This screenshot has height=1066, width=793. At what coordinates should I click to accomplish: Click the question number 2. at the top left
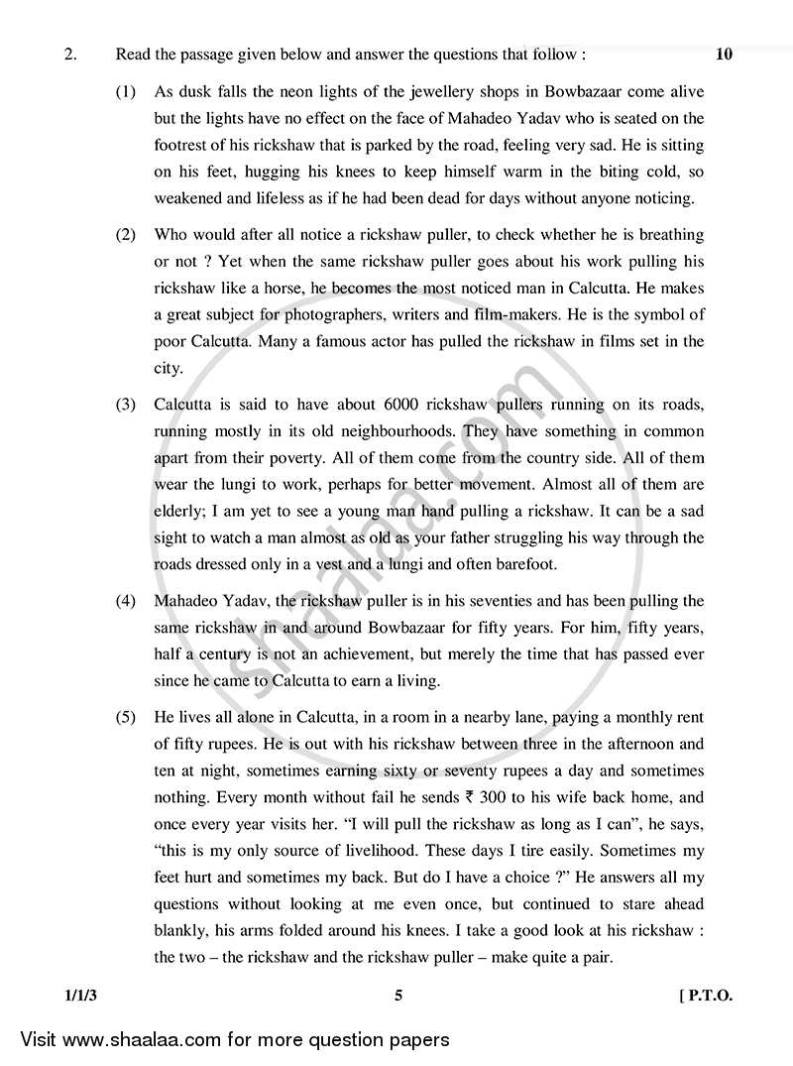(x=69, y=55)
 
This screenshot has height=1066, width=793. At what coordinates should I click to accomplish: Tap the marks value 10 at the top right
(x=724, y=55)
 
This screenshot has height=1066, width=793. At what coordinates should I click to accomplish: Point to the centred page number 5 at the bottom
(x=397, y=998)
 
